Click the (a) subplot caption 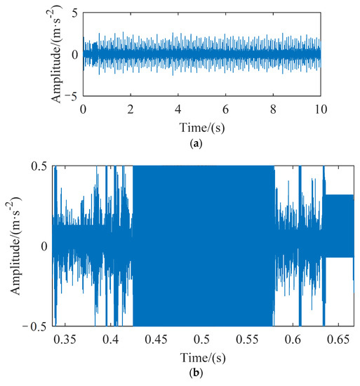pos(201,141)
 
